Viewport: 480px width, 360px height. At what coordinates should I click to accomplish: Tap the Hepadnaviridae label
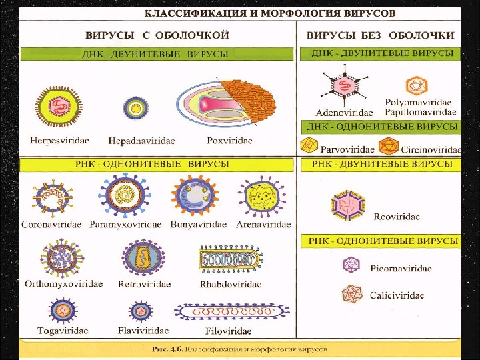141,141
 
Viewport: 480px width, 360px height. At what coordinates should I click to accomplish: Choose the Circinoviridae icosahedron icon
388,146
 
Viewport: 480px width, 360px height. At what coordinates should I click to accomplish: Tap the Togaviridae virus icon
61,311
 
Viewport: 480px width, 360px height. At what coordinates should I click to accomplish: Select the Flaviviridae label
143,330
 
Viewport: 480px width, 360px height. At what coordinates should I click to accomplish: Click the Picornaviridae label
401,268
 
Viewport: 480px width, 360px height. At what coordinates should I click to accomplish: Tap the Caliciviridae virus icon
351,295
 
